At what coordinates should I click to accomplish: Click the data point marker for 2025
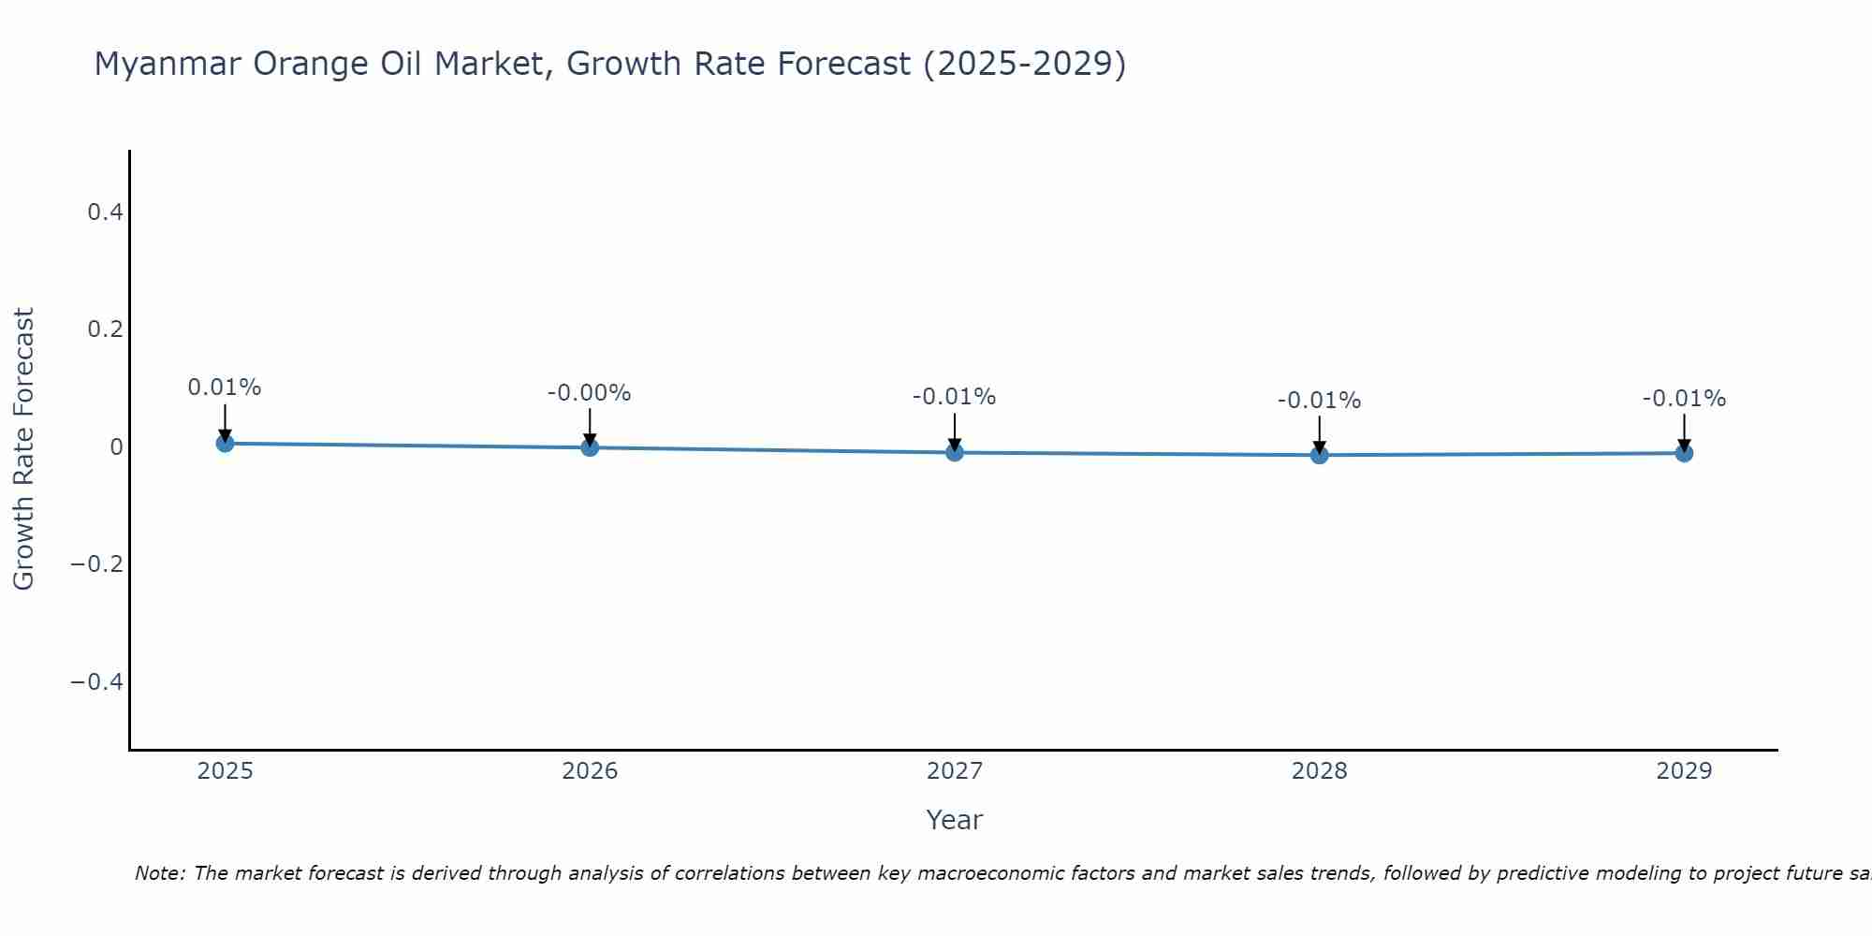pyautogui.click(x=225, y=443)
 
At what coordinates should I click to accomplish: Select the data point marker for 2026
pyautogui.click(x=590, y=447)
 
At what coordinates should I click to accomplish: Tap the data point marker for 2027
pyautogui.click(x=955, y=452)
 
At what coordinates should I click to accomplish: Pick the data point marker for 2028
pyautogui.click(x=1320, y=455)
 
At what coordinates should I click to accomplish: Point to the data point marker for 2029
pyautogui.click(x=1684, y=453)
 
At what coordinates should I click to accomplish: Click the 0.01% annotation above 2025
pyautogui.click(x=225, y=388)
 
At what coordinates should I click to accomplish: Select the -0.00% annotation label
pyautogui.click(x=590, y=393)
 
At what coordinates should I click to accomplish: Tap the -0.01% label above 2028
pyautogui.click(x=1320, y=401)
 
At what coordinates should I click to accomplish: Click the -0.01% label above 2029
pyautogui.click(x=1684, y=399)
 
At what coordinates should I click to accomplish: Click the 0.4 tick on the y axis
pyautogui.click(x=105, y=212)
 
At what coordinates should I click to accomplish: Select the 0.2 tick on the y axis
pyautogui.click(x=105, y=329)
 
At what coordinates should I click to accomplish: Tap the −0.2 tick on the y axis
pyautogui.click(x=96, y=564)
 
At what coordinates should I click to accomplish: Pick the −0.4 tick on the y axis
pyautogui.click(x=96, y=681)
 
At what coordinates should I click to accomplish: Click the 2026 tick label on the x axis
pyautogui.click(x=590, y=771)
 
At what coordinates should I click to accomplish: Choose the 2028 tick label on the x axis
pyautogui.click(x=1320, y=771)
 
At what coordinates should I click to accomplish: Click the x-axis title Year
pyautogui.click(x=955, y=820)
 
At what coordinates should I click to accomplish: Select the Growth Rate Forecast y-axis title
pyautogui.click(x=23, y=449)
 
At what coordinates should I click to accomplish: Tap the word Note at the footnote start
pyautogui.click(x=159, y=873)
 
